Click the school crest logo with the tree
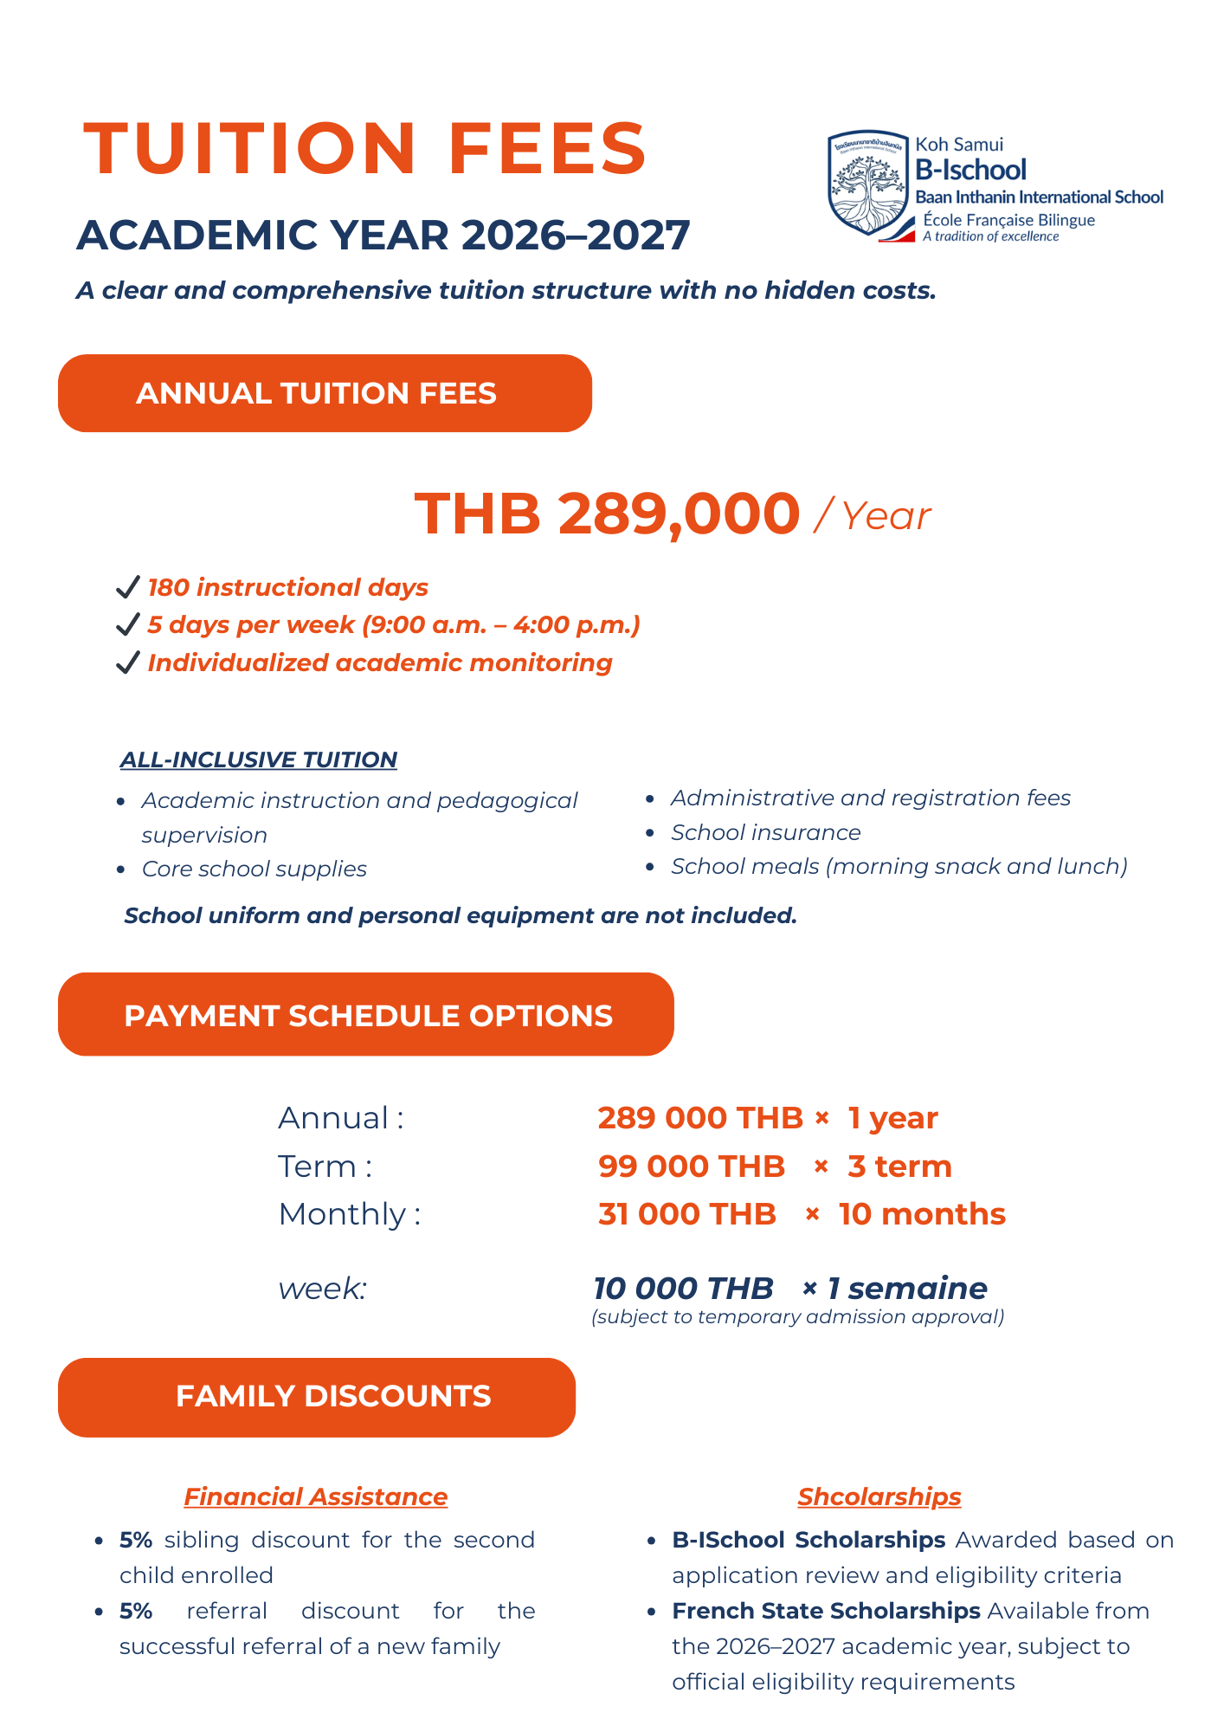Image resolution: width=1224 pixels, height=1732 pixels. (x=868, y=183)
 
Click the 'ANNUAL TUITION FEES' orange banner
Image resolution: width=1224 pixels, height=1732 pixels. (x=325, y=393)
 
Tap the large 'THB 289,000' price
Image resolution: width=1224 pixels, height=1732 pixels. (x=607, y=514)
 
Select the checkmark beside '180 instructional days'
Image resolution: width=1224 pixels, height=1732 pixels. (x=128, y=588)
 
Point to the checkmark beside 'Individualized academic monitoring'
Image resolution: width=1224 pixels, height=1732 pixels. (x=128, y=663)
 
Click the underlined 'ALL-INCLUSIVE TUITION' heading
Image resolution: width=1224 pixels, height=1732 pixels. (x=258, y=759)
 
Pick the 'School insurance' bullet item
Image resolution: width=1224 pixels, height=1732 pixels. (x=765, y=832)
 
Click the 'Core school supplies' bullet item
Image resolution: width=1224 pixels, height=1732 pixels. (x=254, y=869)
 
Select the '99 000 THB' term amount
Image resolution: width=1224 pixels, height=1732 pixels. (x=691, y=1167)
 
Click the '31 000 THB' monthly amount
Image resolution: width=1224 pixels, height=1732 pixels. (x=686, y=1214)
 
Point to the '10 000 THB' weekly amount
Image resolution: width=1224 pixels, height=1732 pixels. (x=682, y=1289)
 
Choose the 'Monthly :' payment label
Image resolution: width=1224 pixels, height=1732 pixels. (x=349, y=1214)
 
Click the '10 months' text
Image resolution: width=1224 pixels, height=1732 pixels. (x=922, y=1214)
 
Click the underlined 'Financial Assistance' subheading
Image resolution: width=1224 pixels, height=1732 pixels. (x=315, y=1496)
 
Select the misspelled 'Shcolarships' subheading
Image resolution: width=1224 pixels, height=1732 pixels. (x=879, y=1496)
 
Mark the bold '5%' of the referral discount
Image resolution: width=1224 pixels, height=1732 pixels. (x=136, y=1611)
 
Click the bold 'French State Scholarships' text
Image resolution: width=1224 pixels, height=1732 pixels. (x=826, y=1611)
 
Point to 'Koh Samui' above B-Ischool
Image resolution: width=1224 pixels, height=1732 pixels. (x=959, y=145)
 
